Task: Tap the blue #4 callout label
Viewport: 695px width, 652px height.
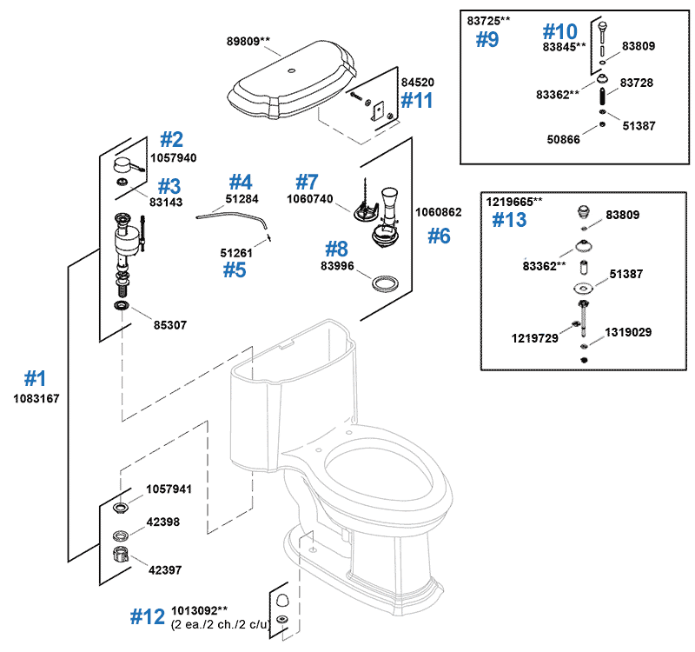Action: point(240,182)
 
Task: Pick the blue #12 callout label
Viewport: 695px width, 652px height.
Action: point(147,616)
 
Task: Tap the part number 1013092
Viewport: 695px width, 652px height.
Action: point(199,610)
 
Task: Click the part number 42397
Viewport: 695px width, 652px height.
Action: point(164,570)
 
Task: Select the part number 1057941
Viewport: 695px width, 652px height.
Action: point(168,489)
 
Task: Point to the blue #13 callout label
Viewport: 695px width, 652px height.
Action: point(509,220)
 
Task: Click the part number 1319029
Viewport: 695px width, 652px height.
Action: point(628,332)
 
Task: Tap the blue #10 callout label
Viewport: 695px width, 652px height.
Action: point(560,31)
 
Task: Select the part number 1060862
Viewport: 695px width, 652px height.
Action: point(439,211)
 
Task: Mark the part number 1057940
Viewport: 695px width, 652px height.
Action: point(173,158)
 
